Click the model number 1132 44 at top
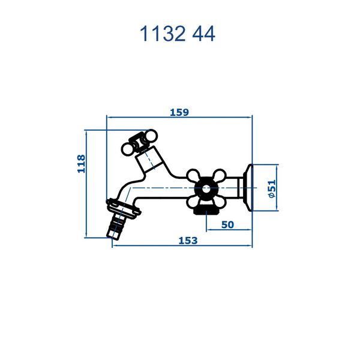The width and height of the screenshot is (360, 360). coord(177,34)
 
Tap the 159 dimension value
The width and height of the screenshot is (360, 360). coord(179,112)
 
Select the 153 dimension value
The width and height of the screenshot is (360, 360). coord(188,240)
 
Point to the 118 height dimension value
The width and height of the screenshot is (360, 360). coord(82,163)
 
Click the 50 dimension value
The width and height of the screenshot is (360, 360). coord(227,224)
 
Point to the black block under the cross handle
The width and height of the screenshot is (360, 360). coord(205,210)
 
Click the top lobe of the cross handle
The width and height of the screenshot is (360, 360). coord(206,174)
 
